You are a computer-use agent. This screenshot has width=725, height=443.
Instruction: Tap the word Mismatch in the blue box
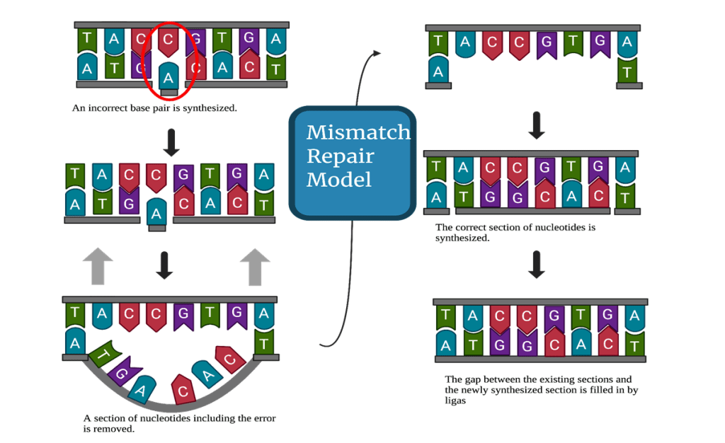point(358,132)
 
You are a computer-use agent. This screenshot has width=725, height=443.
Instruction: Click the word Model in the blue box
point(338,179)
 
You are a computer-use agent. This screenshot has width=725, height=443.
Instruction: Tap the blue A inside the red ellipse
point(168,76)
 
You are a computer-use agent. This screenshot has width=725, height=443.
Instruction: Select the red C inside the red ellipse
point(168,42)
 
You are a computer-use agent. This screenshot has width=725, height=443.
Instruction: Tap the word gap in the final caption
point(467,379)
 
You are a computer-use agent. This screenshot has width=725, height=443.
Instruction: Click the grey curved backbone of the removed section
point(170,406)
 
